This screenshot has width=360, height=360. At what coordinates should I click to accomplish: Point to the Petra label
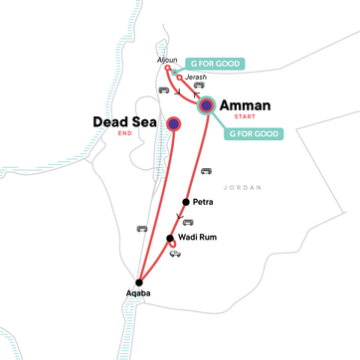point(202,202)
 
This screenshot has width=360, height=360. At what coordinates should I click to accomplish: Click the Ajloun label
point(167,60)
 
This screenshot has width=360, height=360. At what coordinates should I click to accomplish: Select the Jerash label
point(196,77)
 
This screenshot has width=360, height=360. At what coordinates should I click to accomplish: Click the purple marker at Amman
point(206,104)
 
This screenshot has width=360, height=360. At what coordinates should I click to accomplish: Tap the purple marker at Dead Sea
point(174,124)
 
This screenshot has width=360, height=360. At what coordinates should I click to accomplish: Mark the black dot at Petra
point(185,202)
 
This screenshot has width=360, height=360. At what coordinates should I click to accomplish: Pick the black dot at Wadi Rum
point(170,238)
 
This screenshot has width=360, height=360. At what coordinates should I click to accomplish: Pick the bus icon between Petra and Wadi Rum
point(188,222)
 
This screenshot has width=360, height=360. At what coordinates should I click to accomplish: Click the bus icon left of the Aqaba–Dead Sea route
point(141,230)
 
